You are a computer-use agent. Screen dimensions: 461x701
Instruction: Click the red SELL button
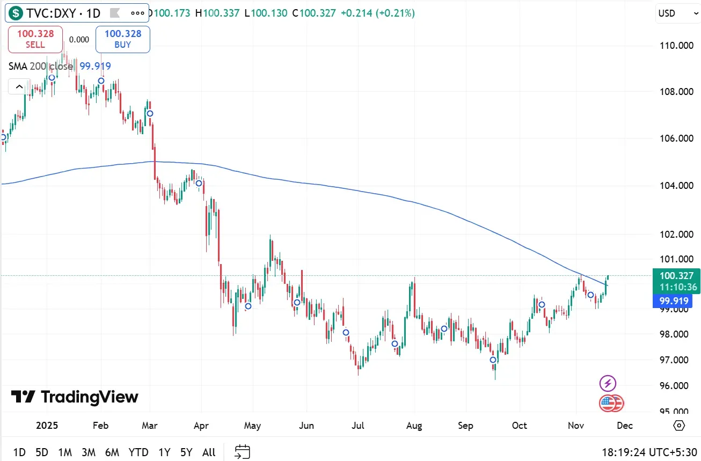point(35,39)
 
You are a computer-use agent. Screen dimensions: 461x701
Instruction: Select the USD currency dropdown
point(676,13)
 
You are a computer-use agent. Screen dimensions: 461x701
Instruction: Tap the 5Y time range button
point(186,452)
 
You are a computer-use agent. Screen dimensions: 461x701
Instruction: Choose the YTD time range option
point(138,452)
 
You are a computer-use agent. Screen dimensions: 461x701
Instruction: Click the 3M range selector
point(88,452)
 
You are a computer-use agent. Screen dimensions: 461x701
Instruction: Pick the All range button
point(209,452)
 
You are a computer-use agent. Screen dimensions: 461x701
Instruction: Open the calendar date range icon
point(243,452)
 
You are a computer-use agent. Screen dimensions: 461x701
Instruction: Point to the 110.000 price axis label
point(677,46)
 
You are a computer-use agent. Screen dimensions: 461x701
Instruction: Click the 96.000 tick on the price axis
point(677,386)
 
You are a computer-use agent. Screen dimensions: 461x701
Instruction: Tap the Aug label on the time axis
point(414,426)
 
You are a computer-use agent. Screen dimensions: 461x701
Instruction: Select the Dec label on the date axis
point(625,426)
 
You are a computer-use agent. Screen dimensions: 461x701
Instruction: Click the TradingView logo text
point(75,397)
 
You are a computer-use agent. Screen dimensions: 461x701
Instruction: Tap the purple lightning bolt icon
point(608,383)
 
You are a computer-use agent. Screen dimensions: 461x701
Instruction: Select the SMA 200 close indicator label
point(41,66)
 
